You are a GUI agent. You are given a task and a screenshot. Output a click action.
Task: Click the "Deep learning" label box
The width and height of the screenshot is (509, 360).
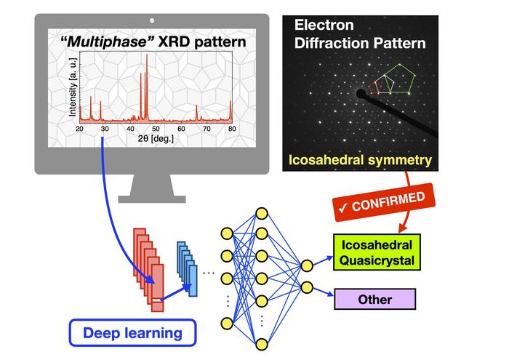pyautogui.click(x=132, y=332)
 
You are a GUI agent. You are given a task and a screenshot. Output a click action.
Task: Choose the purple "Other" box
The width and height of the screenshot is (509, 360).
pyautogui.click(x=374, y=299)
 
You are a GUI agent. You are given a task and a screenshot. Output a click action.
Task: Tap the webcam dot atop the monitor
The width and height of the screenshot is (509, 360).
pyautogui.click(x=152, y=20)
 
